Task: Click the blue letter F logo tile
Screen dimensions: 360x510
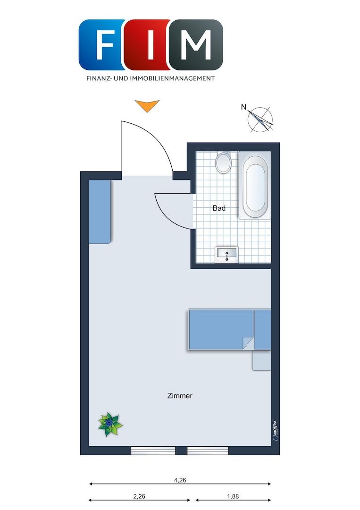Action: click(102, 44)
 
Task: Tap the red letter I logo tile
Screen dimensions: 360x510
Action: click(148, 44)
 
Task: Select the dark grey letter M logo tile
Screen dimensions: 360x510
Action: click(196, 44)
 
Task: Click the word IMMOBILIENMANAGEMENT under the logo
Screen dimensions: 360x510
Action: click(172, 78)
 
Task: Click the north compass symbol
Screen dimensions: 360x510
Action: click(260, 119)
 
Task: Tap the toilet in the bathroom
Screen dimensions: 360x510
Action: click(223, 162)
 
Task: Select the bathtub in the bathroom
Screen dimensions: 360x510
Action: click(255, 186)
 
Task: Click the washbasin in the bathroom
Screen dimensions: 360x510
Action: click(227, 255)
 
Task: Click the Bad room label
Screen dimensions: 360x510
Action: click(219, 208)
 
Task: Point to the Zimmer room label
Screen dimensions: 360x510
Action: click(180, 396)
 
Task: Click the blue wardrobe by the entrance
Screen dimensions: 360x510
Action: click(100, 212)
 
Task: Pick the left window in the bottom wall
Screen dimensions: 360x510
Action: click(153, 450)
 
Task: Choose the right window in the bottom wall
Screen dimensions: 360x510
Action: click(208, 450)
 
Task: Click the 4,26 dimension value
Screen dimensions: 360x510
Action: click(180, 480)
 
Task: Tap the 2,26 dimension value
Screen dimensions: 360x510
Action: click(139, 496)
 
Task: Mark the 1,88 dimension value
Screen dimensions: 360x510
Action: click(233, 496)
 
